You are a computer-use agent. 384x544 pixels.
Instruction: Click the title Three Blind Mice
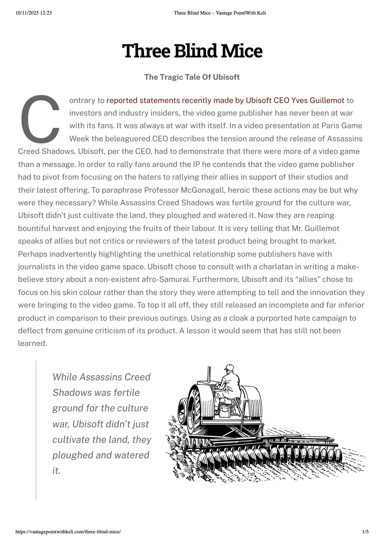coord(192,51)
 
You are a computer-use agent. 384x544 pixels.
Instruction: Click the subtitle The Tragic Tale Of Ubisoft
coord(192,77)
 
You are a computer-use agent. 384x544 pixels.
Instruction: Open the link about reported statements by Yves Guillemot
coord(225,101)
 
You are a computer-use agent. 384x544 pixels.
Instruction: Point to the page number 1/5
coord(365,531)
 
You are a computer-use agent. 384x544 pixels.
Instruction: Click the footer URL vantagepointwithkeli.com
coord(68,531)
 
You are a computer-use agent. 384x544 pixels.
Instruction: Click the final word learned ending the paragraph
coord(32,343)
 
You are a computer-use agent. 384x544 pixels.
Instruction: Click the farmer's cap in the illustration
coord(229,368)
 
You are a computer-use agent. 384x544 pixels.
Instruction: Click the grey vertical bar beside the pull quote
coord(36,430)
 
